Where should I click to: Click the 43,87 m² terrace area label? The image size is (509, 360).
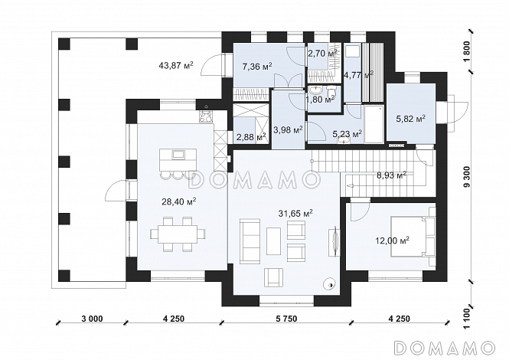[176, 65]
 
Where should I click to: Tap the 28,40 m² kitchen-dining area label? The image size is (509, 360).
[178, 201]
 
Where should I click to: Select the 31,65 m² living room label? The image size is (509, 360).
[295, 213]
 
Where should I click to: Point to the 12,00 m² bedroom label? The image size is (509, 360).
[392, 241]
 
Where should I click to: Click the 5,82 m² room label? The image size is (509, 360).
[410, 119]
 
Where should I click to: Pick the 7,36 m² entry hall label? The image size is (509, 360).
[257, 67]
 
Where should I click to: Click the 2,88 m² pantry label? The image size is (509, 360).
[251, 137]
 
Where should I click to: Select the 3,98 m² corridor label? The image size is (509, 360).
[289, 130]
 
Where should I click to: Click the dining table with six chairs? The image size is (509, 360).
[178, 234]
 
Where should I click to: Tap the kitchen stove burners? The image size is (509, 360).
[205, 116]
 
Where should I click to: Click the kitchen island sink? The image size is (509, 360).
[178, 155]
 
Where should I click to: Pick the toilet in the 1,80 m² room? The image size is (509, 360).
[331, 92]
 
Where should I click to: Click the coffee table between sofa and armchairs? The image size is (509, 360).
[274, 241]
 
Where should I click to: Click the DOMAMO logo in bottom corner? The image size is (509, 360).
[443, 348]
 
